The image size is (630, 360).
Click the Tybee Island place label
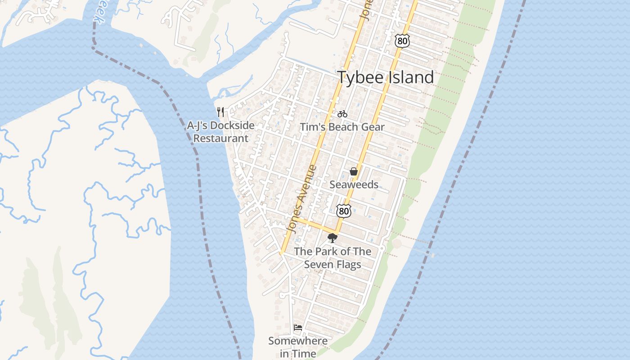pos(386,77)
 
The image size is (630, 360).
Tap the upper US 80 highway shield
pos(402,41)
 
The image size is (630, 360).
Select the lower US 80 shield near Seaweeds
pos(343,210)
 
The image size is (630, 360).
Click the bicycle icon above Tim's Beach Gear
pos(342,114)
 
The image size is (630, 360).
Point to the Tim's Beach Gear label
pos(342,127)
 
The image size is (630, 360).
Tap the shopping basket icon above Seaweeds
pos(354,171)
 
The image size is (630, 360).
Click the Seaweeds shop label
pos(354,184)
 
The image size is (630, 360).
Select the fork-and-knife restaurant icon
pos(220,112)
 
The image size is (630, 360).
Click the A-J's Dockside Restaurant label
pos(220,132)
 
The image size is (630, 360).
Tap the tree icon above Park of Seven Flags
pos(333,238)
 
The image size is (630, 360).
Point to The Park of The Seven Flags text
pos(333,258)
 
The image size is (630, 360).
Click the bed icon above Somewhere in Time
pos(297,327)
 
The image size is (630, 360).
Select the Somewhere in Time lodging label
pos(298,347)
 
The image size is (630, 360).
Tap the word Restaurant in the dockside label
pos(220,139)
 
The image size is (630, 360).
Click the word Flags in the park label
pos(349,265)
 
